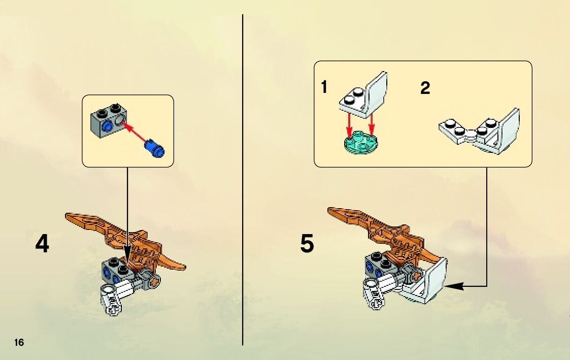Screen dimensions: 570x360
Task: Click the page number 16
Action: pyautogui.click(x=19, y=342)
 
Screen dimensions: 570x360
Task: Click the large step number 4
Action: pyautogui.click(x=42, y=244)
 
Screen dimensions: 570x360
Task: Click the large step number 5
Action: pyautogui.click(x=307, y=244)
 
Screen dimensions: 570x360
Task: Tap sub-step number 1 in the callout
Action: pyautogui.click(x=324, y=87)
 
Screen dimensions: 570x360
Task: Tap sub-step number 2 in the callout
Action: pyautogui.click(x=425, y=88)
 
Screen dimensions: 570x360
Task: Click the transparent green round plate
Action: pyautogui.click(x=360, y=144)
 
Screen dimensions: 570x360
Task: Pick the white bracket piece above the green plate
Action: pyautogui.click(x=363, y=95)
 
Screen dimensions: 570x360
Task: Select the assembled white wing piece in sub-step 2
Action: pyautogui.click(x=479, y=132)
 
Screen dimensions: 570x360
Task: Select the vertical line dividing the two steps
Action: pyautogui.click(x=243, y=180)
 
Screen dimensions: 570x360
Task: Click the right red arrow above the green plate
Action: pyautogui.click(x=372, y=125)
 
